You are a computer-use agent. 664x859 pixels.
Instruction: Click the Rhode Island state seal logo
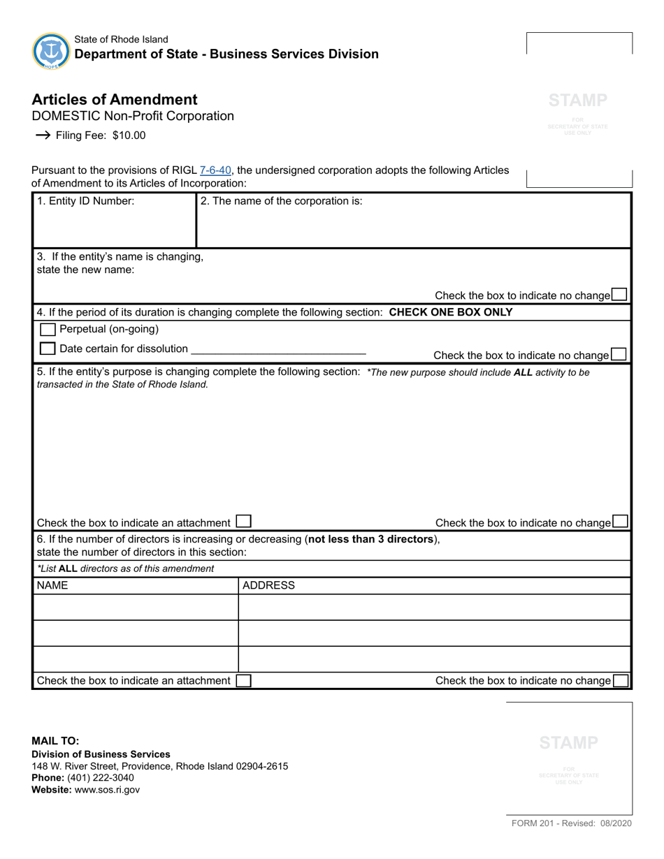pyautogui.click(x=51, y=51)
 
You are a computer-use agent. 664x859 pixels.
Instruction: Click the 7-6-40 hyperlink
pyautogui.click(x=215, y=170)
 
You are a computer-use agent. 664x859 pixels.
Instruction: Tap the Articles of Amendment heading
pyautogui.click(x=115, y=99)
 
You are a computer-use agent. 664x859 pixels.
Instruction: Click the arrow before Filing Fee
pyautogui.click(x=42, y=135)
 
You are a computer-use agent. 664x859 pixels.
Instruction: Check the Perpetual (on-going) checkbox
pyautogui.click(x=48, y=329)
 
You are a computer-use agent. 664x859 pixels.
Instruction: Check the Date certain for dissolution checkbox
pyautogui.click(x=48, y=348)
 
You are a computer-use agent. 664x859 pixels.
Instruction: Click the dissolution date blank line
pyautogui.click(x=278, y=348)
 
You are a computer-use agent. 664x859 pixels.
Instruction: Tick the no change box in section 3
pyautogui.click(x=619, y=295)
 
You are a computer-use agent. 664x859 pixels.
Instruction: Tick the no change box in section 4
pyautogui.click(x=619, y=354)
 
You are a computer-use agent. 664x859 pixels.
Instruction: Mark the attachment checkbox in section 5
pyautogui.click(x=243, y=521)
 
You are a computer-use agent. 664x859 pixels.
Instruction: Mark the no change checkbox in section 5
pyautogui.click(x=620, y=521)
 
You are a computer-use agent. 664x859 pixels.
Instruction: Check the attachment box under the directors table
pyautogui.click(x=243, y=680)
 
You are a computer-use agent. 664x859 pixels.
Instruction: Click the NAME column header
pyautogui.click(x=52, y=585)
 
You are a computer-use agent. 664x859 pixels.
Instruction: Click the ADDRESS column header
pyautogui.click(x=268, y=585)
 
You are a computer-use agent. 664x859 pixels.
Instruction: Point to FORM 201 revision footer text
pyautogui.click(x=571, y=824)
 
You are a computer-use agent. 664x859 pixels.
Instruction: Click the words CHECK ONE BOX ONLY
pyautogui.click(x=450, y=312)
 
